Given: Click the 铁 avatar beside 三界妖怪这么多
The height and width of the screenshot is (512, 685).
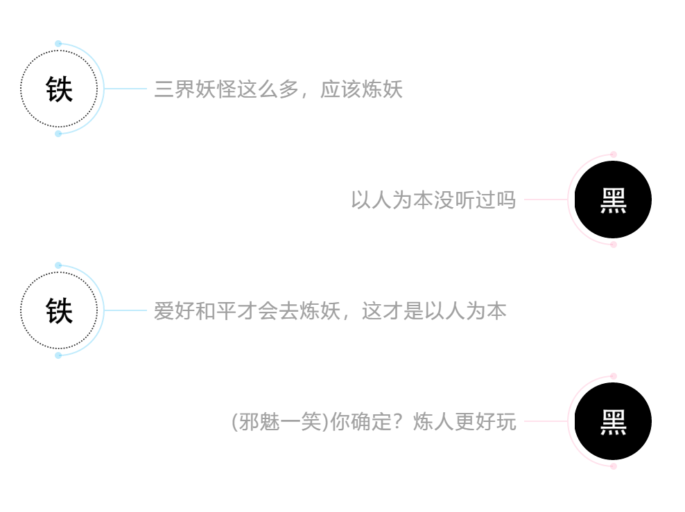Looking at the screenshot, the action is [x=59, y=89].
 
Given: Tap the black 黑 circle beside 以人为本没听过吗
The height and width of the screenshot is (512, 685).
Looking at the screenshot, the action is [x=613, y=200].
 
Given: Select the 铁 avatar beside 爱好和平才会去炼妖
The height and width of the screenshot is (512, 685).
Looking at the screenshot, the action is [x=59, y=310].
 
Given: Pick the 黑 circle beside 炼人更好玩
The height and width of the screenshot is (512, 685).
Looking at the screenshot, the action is [x=613, y=421].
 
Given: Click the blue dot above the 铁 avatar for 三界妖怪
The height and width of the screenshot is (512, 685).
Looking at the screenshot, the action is [x=58, y=44].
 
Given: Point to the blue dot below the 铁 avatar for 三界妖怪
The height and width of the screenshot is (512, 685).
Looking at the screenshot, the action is [x=58, y=134].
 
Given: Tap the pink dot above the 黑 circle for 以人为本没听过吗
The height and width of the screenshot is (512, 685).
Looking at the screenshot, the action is [x=614, y=155].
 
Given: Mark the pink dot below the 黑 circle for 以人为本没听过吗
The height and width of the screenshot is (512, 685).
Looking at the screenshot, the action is [x=614, y=245].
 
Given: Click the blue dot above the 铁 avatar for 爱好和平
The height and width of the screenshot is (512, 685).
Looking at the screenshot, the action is [x=58, y=265].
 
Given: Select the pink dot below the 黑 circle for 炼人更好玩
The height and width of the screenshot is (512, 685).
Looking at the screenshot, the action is [x=614, y=466].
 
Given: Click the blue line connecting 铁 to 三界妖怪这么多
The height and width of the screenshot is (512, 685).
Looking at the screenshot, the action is [x=125, y=89].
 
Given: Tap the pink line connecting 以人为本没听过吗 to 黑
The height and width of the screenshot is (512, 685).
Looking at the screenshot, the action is [x=546, y=200].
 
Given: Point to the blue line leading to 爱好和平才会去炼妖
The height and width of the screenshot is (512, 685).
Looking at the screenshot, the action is [x=125, y=310].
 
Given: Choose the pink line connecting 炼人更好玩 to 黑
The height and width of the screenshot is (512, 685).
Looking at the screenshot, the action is [x=546, y=421].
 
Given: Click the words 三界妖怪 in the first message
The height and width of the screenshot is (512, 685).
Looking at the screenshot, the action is [x=196, y=89].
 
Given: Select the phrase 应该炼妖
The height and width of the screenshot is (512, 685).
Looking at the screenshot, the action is [x=361, y=89].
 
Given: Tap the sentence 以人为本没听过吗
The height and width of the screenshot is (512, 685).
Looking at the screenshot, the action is [x=433, y=200].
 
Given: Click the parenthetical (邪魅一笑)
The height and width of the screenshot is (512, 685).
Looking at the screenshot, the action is [x=279, y=422].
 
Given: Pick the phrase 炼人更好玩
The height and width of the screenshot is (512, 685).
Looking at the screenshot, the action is [x=465, y=422].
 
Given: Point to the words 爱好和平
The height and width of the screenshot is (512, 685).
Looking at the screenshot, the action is [x=196, y=311].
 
